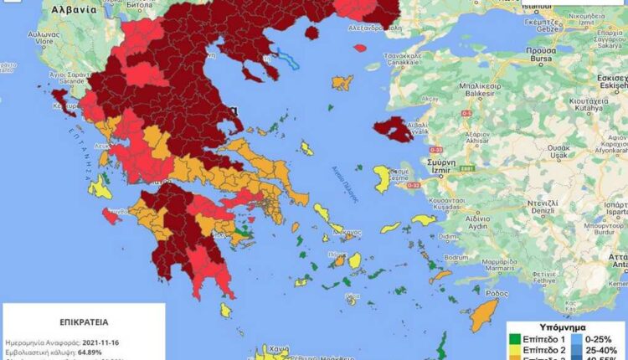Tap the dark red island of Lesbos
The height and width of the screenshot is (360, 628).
(x=392, y=129)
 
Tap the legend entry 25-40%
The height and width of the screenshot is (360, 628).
(x=602, y=351)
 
